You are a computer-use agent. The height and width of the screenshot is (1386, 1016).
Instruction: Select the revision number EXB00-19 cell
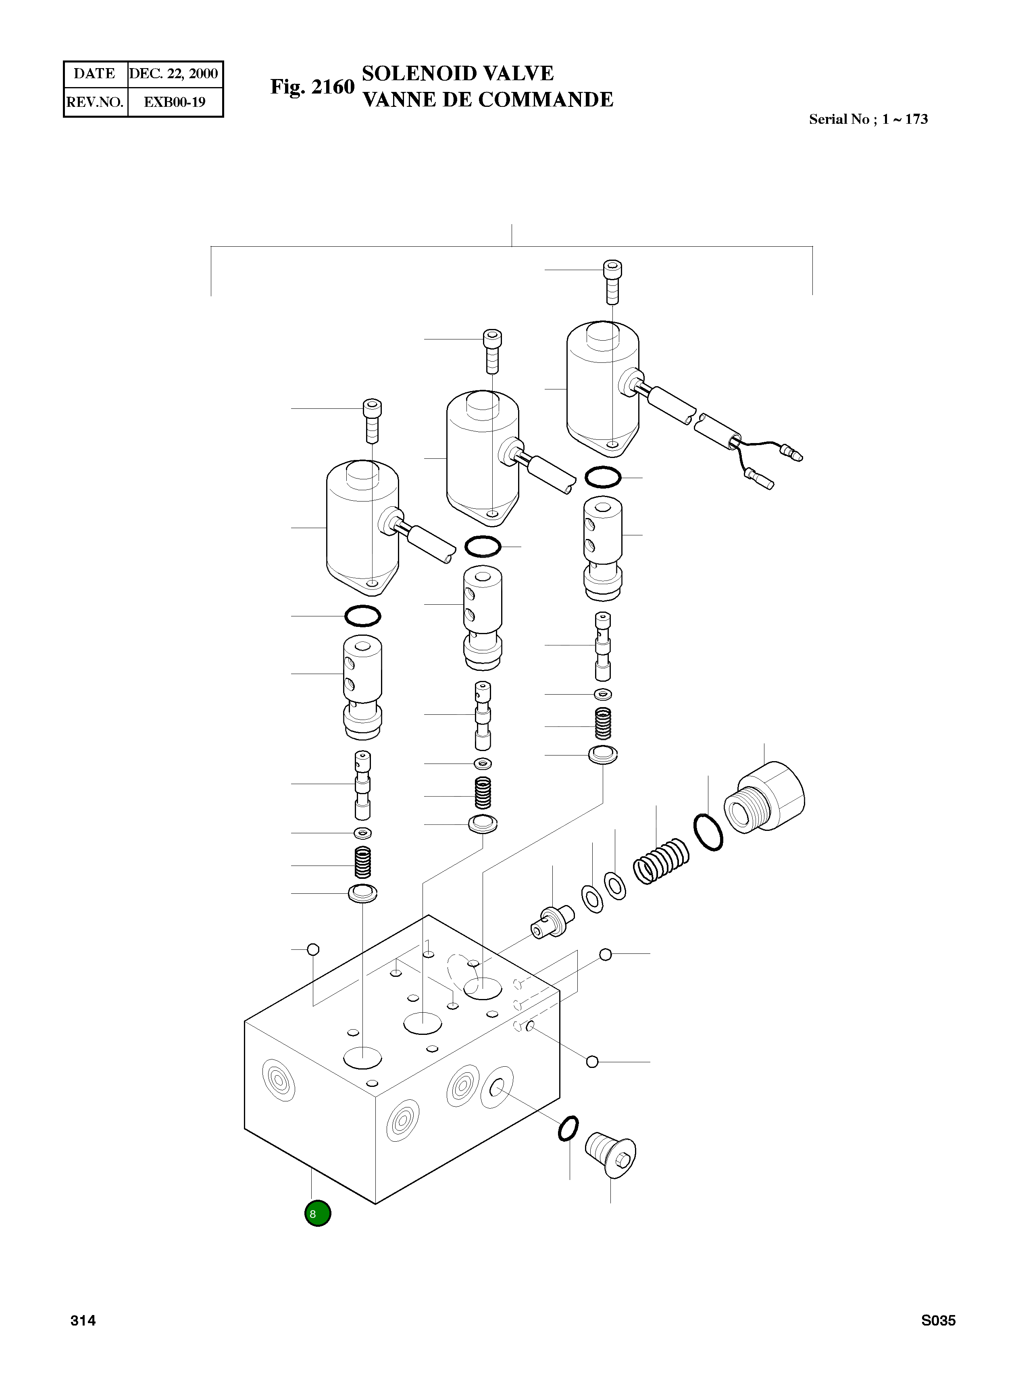pyautogui.click(x=175, y=102)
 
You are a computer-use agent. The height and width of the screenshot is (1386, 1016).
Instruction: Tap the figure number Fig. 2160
pyautogui.click(x=312, y=87)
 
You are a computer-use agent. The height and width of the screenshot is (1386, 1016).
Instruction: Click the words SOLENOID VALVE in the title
pyautogui.click(x=458, y=73)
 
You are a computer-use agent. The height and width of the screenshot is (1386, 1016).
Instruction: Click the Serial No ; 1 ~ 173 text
pyautogui.click(x=868, y=119)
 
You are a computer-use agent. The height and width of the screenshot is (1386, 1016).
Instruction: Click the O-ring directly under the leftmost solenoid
pyautogui.click(x=363, y=616)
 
